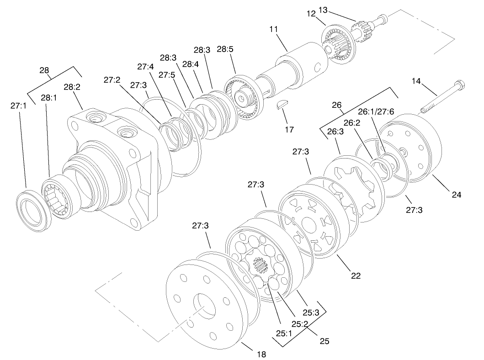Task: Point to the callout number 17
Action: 289,129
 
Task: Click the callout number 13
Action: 349,10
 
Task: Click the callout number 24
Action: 457,195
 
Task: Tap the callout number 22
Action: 356,275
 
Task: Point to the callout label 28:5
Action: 226,49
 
